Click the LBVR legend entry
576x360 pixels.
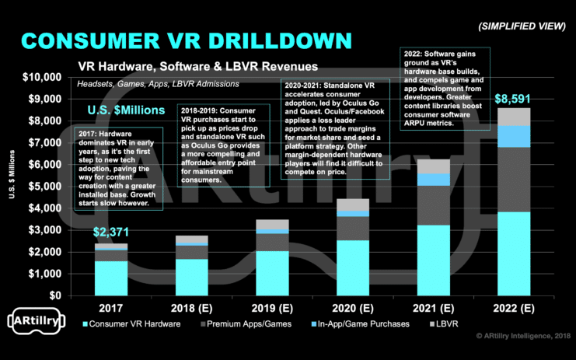442,323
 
